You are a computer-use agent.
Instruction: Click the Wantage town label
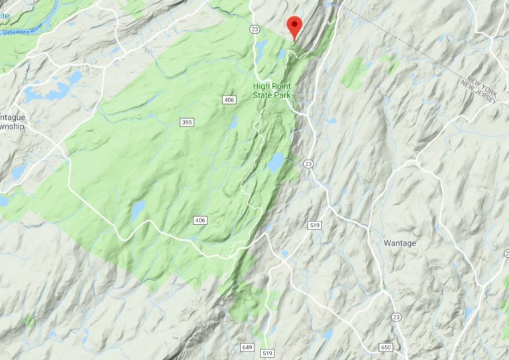pos(400,243)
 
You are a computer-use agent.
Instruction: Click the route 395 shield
pos(186,121)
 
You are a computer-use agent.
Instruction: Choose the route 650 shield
pos(386,347)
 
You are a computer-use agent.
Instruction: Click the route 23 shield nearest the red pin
pos(254,30)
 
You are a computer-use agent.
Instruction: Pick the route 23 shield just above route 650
pos(395,316)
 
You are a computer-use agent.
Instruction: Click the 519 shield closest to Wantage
pos(315,226)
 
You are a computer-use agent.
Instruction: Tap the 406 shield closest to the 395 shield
pos(229,99)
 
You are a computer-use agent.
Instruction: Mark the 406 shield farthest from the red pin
pos(199,219)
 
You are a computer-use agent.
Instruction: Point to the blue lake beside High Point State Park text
pos(261,48)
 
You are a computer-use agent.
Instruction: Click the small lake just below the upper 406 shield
pos(233,123)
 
